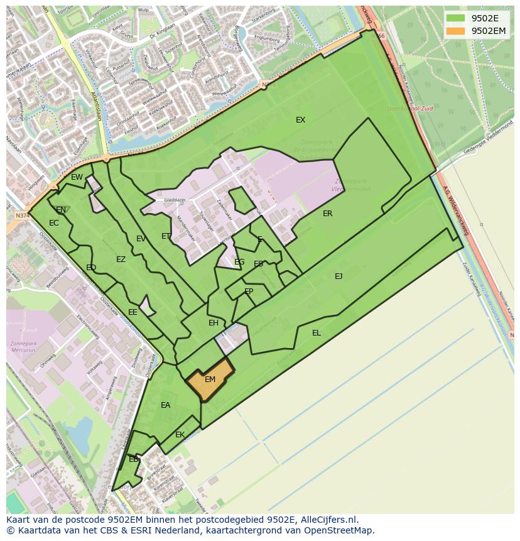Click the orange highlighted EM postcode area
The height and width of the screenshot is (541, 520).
[210, 380]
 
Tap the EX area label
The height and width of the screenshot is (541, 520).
[301, 120]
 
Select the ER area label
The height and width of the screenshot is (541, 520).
[327, 214]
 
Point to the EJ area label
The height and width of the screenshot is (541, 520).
[339, 276]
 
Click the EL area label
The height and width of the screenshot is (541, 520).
[317, 333]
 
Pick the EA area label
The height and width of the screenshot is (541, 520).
[165, 405]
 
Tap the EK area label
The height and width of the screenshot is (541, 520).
[180, 435]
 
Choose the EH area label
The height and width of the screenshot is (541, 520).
[214, 323]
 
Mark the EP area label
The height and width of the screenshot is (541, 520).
[249, 292]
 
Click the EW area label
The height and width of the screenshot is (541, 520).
[77, 177]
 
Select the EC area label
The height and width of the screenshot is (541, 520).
[54, 223]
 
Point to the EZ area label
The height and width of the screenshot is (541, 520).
[121, 260]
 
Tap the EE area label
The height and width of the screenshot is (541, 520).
[133, 312]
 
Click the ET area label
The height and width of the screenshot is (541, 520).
[166, 236]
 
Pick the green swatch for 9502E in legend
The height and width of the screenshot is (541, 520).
[456, 18]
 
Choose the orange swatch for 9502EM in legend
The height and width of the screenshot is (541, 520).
[456, 31]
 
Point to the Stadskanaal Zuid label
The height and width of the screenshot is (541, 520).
[409, 109]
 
